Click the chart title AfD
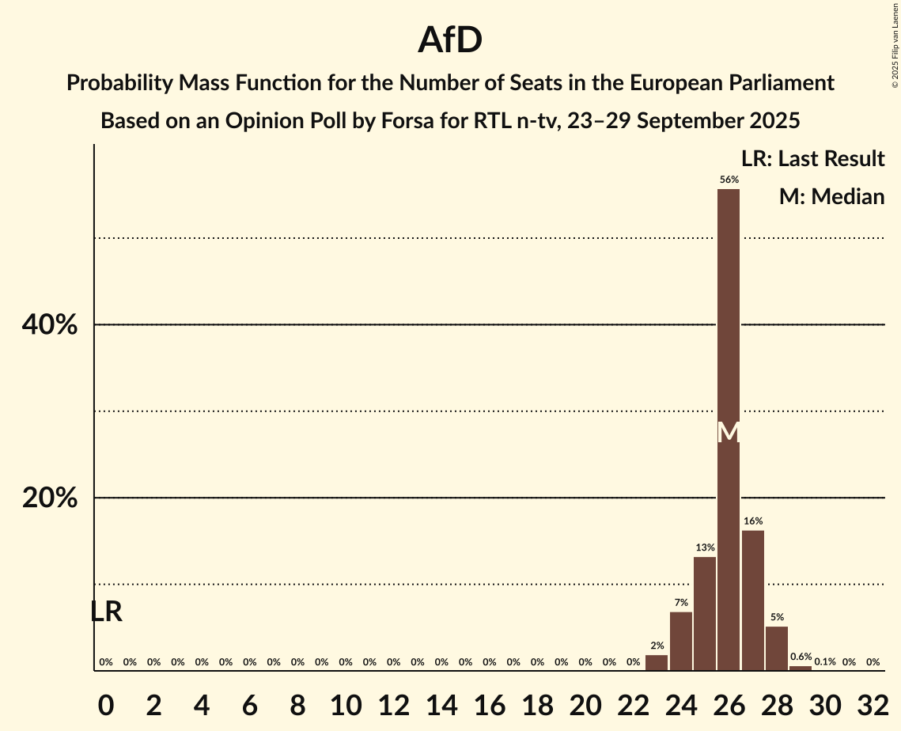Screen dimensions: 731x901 [x=450, y=41]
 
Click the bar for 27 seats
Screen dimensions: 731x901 [x=752, y=600]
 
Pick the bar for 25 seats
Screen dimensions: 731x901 [x=705, y=614]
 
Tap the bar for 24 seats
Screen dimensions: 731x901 [x=680, y=641]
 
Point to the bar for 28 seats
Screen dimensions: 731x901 [x=777, y=649]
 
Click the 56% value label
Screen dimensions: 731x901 [x=729, y=180]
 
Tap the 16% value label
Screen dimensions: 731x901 [x=752, y=521]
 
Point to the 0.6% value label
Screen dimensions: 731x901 [x=801, y=657]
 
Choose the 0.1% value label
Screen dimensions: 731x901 [x=825, y=662]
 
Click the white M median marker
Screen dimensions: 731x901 [x=729, y=432]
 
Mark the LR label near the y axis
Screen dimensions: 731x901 [x=106, y=612]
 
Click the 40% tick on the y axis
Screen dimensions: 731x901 [x=49, y=324]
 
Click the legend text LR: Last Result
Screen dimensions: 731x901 [x=812, y=159]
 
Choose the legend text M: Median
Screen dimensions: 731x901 [x=831, y=196]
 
